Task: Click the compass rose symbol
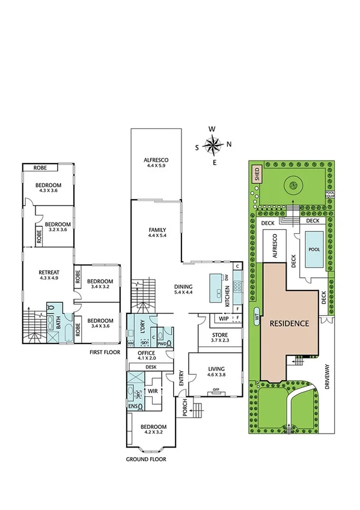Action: tap(213, 145)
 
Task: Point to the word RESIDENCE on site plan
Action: tap(289, 323)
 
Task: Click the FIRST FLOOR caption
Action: tap(106, 352)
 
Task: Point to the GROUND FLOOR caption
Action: tap(145, 459)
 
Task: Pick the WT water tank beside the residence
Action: tap(257, 316)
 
